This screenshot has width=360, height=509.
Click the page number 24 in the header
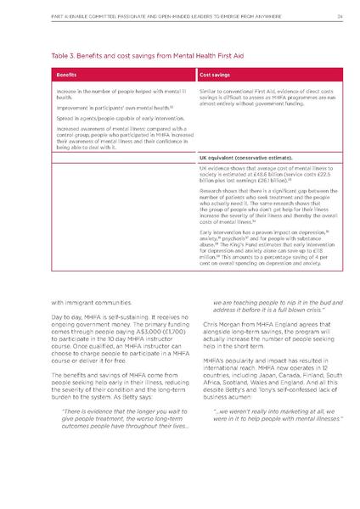pos(337,14)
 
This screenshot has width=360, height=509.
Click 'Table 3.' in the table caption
pos(65,53)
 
